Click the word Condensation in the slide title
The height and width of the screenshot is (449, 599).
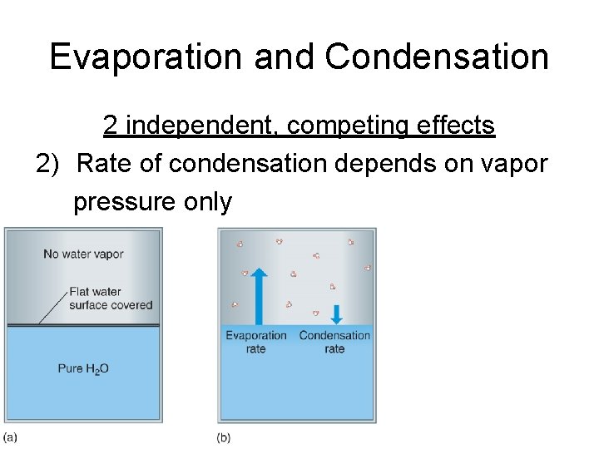pyautogui.click(x=437, y=57)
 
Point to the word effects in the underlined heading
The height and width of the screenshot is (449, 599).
pyautogui.click(x=457, y=126)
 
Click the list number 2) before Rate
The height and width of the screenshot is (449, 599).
pyautogui.click(x=48, y=164)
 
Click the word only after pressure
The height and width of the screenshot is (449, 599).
pyautogui.click(x=208, y=201)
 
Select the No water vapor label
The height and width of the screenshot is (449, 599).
pyautogui.click(x=83, y=254)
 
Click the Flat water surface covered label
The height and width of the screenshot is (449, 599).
pyautogui.click(x=111, y=298)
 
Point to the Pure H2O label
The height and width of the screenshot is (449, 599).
pyautogui.click(x=83, y=368)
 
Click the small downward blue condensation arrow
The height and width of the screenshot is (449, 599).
pyautogui.click(x=335, y=314)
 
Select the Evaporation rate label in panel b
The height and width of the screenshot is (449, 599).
pyautogui.click(x=256, y=342)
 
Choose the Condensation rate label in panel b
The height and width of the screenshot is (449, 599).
pyautogui.click(x=334, y=342)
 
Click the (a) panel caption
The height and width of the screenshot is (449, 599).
pyautogui.click(x=10, y=437)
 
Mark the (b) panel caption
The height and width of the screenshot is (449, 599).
pyautogui.click(x=224, y=437)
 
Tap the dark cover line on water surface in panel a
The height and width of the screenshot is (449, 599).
pyautogui.click(x=83, y=325)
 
